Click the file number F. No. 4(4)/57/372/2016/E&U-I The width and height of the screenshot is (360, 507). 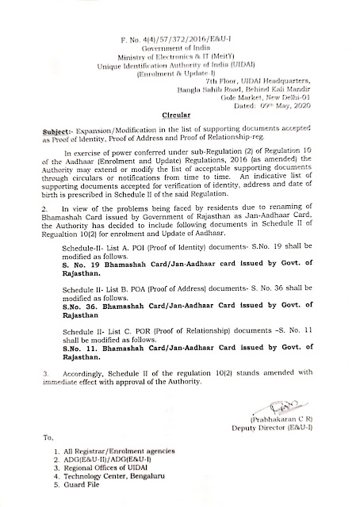tap(180, 15)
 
